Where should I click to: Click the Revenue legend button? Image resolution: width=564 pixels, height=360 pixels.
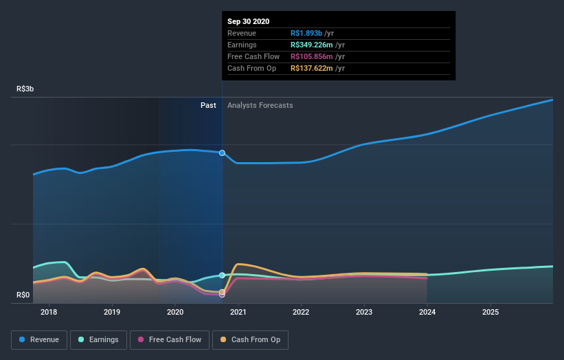pyautogui.click(x=40, y=339)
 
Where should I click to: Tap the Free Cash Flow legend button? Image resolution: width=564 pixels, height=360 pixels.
pyautogui.click(x=169, y=339)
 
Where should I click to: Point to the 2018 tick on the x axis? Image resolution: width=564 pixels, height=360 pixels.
pyautogui.click(x=49, y=312)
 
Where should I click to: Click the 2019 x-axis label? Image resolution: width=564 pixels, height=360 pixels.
pyautogui.click(x=112, y=312)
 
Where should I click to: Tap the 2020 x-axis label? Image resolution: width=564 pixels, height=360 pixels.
pyautogui.click(x=175, y=312)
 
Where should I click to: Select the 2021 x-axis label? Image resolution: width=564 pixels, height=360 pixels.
pyautogui.click(x=238, y=312)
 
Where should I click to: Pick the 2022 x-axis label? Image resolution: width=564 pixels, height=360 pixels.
pyautogui.click(x=301, y=312)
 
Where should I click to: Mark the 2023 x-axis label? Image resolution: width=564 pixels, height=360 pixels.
pyautogui.click(x=364, y=312)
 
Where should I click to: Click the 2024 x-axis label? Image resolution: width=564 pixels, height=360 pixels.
pyautogui.click(x=427, y=312)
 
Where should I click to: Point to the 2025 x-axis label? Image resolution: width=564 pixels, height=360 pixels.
pyautogui.click(x=490, y=312)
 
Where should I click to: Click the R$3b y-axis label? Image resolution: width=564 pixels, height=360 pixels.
pyautogui.click(x=25, y=89)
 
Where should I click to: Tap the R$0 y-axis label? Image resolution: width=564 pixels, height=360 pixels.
pyautogui.click(x=23, y=295)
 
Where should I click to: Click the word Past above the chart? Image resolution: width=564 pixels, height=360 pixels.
pyautogui.click(x=208, y=105)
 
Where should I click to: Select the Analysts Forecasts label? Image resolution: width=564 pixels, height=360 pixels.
pyautogui.click(x=260, y=105)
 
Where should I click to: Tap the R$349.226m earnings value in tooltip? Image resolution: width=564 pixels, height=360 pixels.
pyautogui.click(x=314, y=45)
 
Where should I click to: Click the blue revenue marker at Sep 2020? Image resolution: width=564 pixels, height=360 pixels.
pyautogui.click(x=222, y=153)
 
